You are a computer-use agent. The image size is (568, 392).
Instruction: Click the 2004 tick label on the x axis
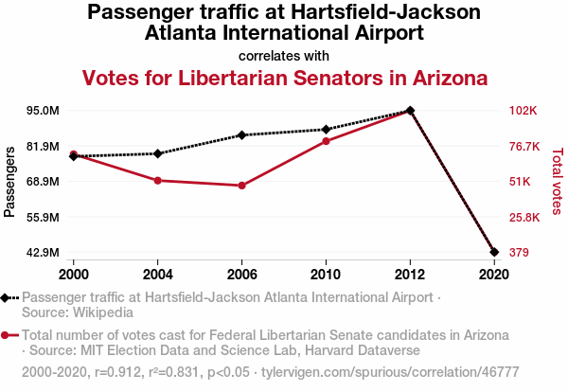pos(158,275)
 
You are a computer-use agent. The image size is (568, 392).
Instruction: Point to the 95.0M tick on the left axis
pos(43,111)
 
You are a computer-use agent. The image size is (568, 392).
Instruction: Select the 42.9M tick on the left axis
pos(43,253)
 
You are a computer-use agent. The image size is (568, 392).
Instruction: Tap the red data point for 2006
pos(242,186)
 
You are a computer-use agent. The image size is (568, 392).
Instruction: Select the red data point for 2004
pos(158,180)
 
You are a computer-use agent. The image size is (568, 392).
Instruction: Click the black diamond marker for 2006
pos(242,134)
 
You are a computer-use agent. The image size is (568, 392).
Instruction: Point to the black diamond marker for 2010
pos(326,130)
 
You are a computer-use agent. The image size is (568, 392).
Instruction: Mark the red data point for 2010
pos(326,141)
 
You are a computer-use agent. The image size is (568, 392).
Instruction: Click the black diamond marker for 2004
pos(158,153)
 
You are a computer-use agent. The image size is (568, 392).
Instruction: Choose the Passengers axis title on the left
pos(10,182)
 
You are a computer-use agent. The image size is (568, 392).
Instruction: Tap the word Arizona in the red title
pos(443,78)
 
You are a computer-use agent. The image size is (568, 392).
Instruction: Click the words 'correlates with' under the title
pos(284,55)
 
